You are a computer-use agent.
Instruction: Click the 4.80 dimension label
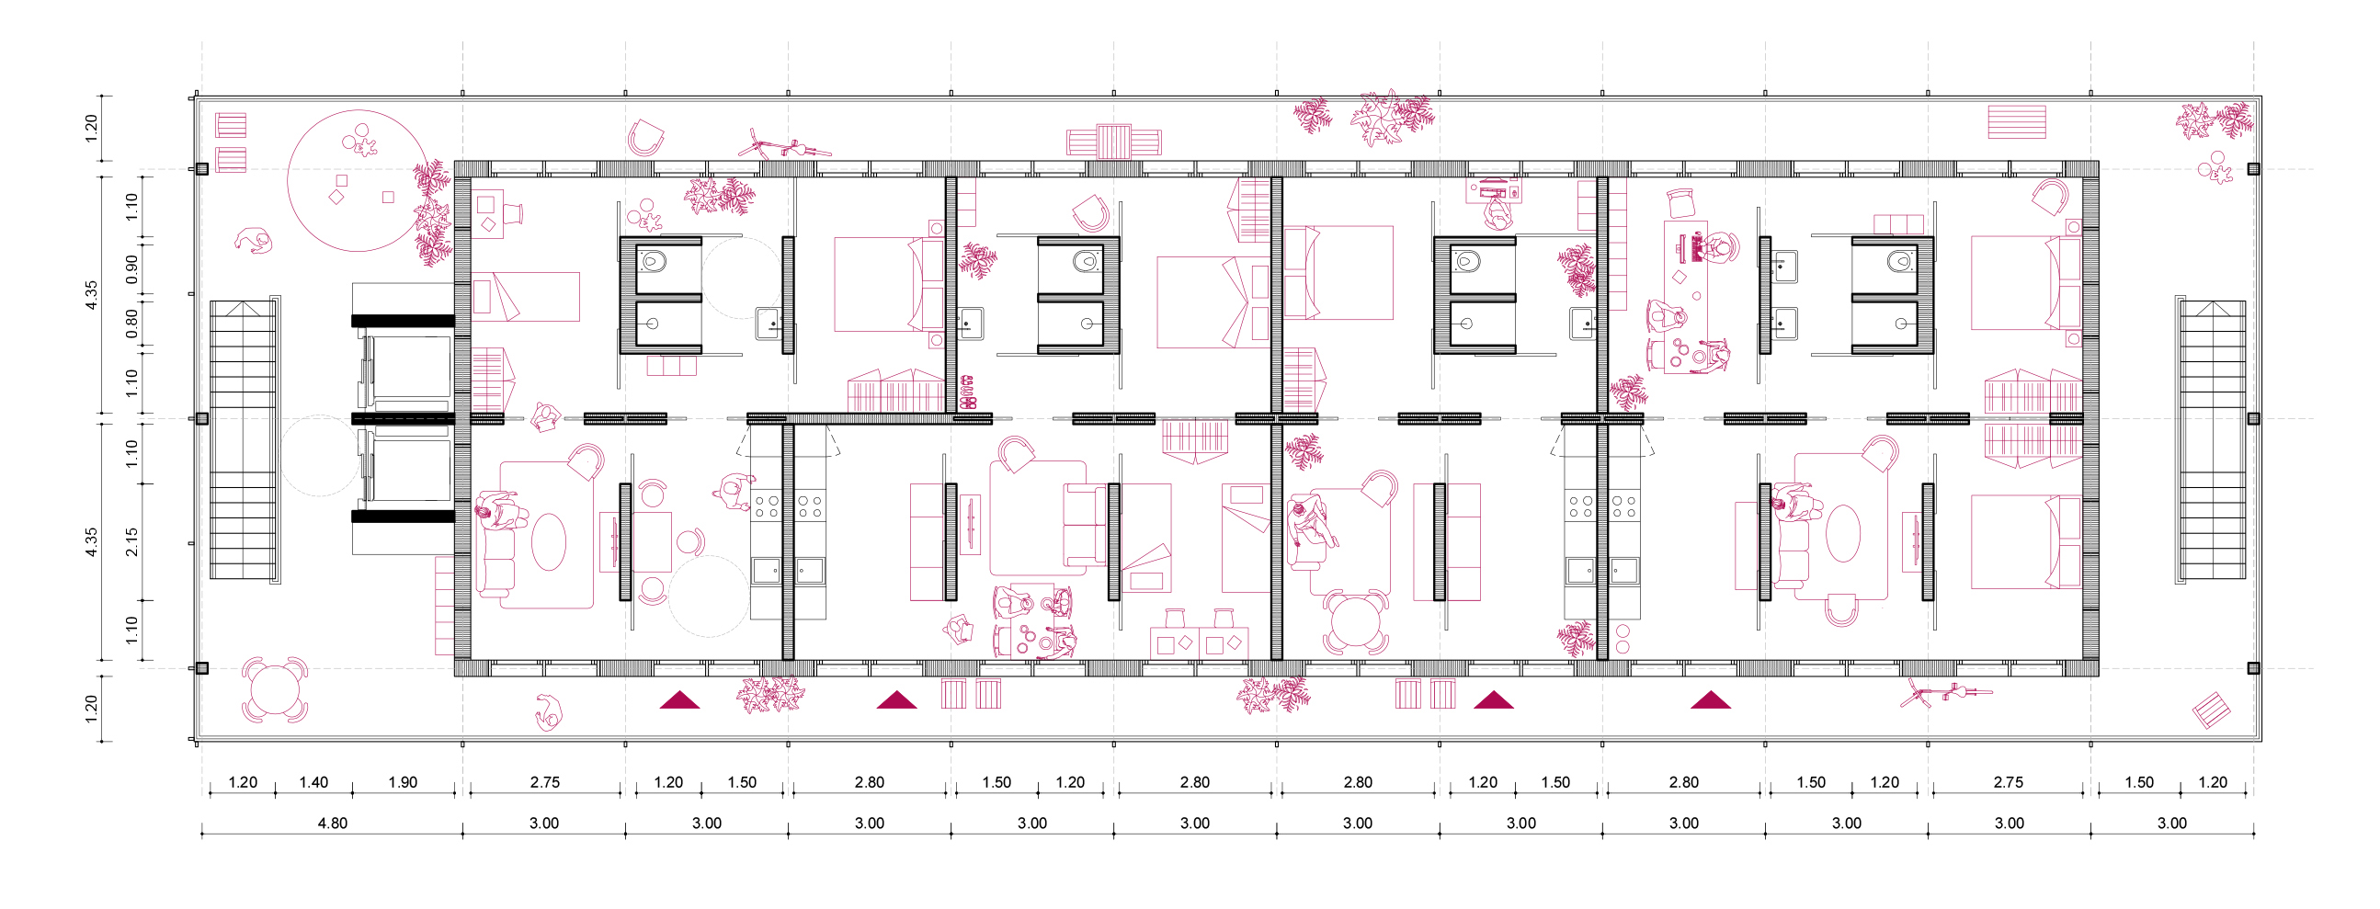(x=333, y=824)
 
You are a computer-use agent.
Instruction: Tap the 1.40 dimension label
(x=313, y=782)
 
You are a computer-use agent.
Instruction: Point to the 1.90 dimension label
(x=403, y=782)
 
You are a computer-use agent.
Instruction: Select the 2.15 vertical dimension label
(x=132, y=541)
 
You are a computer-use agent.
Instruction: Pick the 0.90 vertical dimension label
(x=132, y=268)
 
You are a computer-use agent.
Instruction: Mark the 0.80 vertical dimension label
(x=132, y=324)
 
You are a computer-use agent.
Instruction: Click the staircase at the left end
(x=245, y=438)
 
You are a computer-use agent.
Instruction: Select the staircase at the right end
(x=2210, y=438)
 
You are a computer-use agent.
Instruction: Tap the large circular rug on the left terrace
(x=359, y=181)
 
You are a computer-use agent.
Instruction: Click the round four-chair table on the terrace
(x=274, y=690)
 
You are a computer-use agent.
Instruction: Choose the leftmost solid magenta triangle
(x=679, y=699)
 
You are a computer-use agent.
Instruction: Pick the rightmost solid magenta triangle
(x=1710, y=699)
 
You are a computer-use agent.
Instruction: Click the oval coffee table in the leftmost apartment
(x=548, y=542)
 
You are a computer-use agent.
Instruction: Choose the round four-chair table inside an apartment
(x=1355, y=622)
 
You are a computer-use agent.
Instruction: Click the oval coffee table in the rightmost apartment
(x=1843, y=533)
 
